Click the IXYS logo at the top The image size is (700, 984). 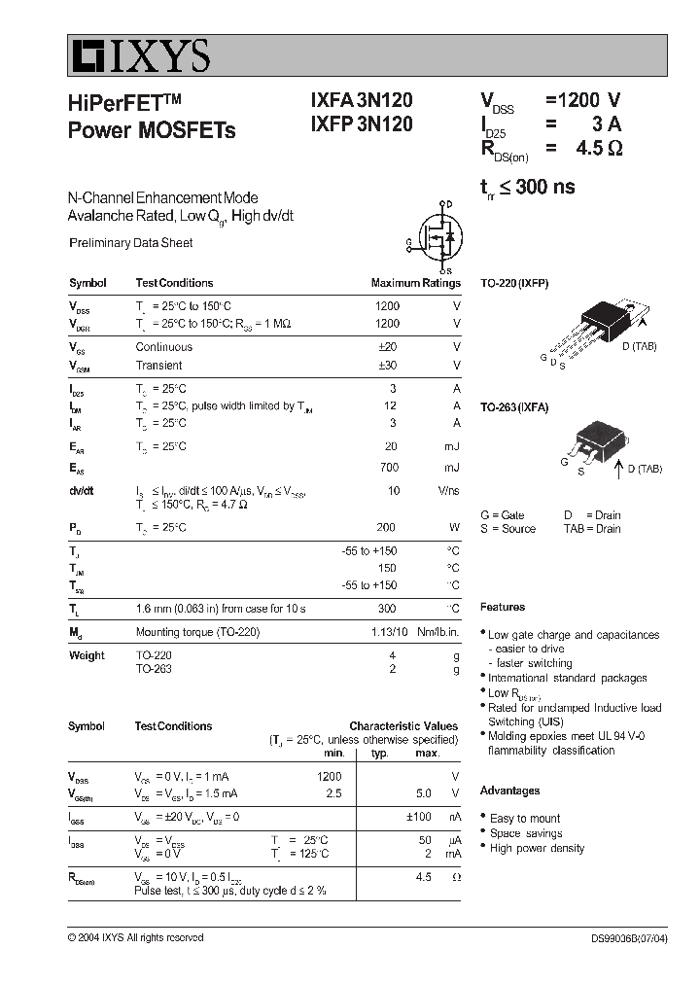[139, 57]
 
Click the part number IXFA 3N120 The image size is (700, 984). [362, 100]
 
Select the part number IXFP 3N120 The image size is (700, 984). [362, 124]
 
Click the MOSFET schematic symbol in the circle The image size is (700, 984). [437, 236]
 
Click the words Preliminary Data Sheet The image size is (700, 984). [130, 243]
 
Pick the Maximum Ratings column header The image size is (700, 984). [415, 283]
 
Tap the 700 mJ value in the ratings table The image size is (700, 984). [389, 468]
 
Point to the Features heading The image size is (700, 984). [503, 607]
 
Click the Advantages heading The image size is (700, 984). [509, 791]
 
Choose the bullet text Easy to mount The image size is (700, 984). [525, 819]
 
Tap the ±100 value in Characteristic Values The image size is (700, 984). [418, 817]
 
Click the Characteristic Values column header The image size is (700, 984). [402, 725]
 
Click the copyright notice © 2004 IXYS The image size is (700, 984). [135, 938]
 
